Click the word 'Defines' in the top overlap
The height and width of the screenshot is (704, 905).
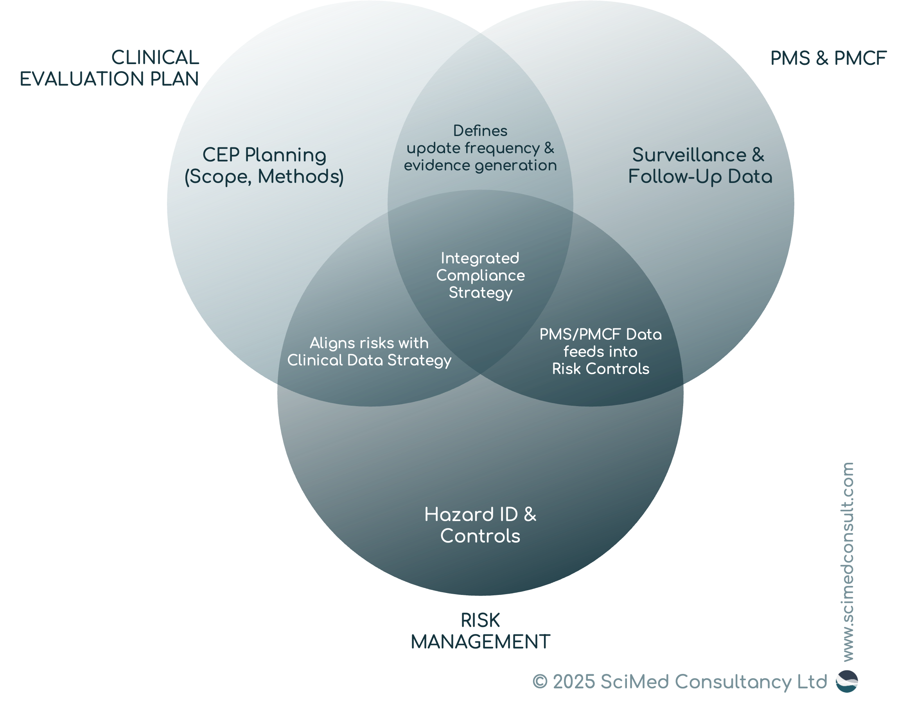480,131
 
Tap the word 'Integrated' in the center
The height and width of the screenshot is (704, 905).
480,258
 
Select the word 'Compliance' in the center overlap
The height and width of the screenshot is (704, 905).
480,276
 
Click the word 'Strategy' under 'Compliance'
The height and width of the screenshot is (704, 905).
480,293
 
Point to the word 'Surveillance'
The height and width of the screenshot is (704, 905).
690,155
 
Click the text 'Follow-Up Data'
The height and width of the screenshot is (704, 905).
700,176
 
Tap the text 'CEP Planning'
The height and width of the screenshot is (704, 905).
264,155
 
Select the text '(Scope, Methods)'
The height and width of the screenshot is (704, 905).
264,176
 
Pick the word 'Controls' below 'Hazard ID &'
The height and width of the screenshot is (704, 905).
480,536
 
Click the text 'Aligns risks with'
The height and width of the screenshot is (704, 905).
369,343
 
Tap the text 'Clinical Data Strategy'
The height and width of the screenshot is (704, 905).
369,360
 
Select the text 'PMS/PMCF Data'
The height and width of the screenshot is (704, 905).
600,334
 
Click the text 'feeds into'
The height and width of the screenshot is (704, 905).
600,351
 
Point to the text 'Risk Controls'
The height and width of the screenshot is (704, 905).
600,369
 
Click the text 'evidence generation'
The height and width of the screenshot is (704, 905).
480,165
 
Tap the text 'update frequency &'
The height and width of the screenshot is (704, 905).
480,148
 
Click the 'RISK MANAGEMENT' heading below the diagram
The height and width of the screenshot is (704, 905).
481,631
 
